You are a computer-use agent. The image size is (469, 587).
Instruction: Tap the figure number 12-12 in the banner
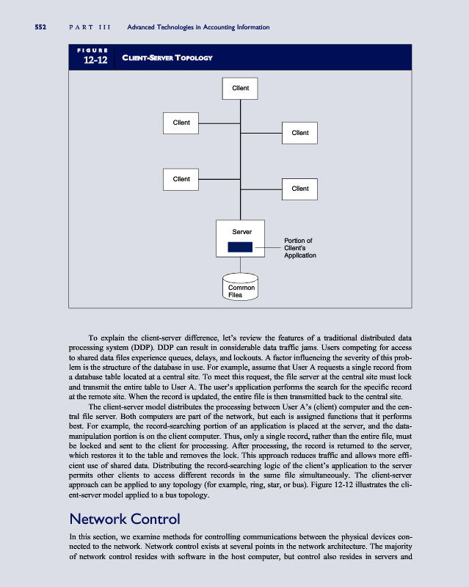(95, 60)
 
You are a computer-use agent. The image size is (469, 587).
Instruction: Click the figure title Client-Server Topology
(167, 58)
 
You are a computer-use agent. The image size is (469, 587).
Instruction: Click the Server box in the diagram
(241, 239)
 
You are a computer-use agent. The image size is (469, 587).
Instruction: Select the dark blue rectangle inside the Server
(240, 247)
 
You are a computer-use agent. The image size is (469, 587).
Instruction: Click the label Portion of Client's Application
(299, 248)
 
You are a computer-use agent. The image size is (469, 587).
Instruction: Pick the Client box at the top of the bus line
(241, 88)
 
